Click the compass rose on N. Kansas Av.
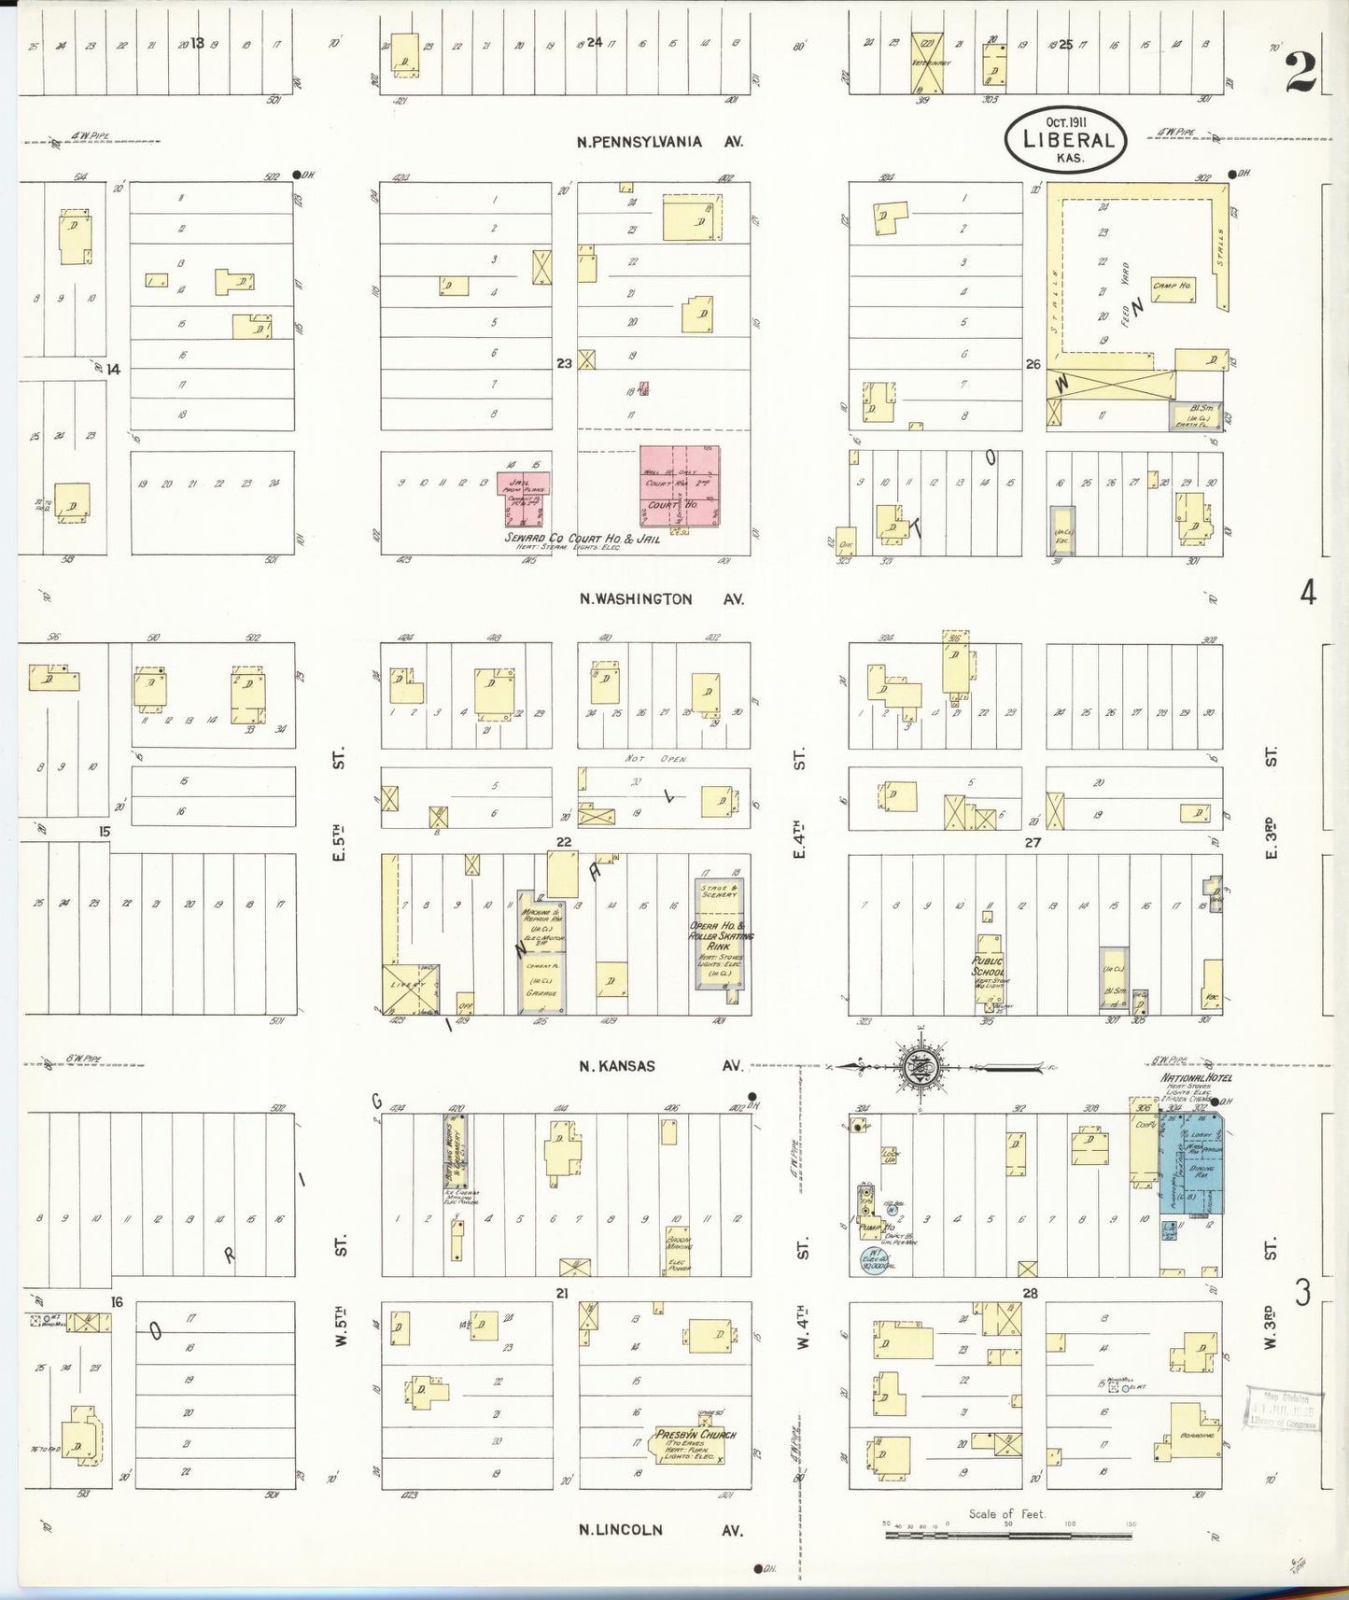921,1065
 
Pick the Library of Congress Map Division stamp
1283,1408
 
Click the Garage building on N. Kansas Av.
541,982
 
